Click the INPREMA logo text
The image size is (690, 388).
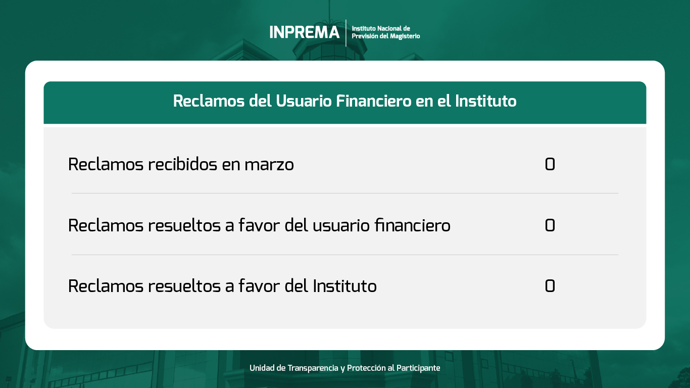tap(305, 32)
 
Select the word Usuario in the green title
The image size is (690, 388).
tap(304, 101)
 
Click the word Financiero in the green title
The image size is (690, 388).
tap(374, 101)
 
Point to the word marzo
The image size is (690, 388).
tap(269, 165)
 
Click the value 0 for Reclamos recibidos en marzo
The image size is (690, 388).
tap(550, 164)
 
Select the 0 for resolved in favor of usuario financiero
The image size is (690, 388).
tap(550, 225)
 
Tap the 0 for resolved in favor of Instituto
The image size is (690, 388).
tap(550, 285)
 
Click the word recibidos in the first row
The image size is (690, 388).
tap(183, 164)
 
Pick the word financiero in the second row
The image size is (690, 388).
tap(413, 225)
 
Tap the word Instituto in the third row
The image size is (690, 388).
tap(344, 285)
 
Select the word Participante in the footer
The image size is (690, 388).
tap(418, 368)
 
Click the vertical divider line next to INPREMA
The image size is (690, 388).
tap(346, 33)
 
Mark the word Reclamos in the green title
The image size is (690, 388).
tap(209, 101)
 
